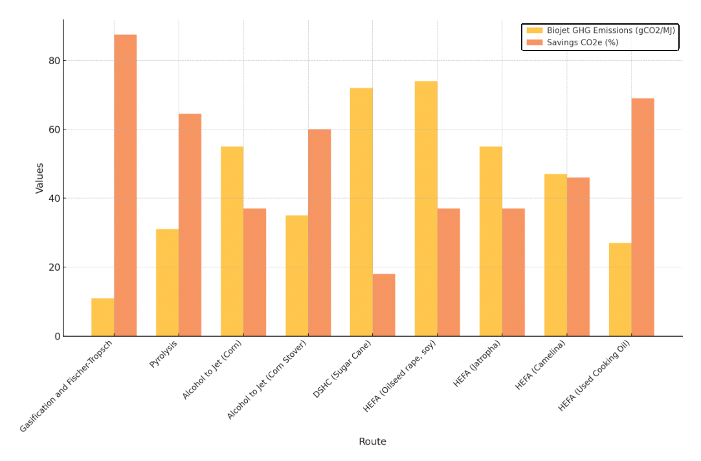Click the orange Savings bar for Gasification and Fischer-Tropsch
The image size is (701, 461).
[x=125, y=185]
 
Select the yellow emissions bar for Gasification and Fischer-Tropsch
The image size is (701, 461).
[x=102, y=317]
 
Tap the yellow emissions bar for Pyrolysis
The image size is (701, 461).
[x=167, y=282]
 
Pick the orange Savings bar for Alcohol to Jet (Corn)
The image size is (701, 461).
[x=254, y=272]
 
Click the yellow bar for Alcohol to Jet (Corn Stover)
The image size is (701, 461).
[x=296, y=275]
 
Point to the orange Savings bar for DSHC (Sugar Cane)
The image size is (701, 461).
[x=384, y=304]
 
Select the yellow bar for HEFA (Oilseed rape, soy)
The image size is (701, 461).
[x=426, y=208]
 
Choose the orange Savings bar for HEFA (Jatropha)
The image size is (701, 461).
[x=513, y=272]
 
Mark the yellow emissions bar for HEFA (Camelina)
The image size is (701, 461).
[x=555, y=254]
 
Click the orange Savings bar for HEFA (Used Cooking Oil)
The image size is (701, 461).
[x=643, y=217]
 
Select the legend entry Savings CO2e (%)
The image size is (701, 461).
[x=582, y=43]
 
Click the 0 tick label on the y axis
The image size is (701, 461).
[x=56, y=336]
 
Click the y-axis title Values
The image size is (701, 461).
[x=40, y=178]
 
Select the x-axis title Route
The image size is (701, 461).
[x=372, y=442]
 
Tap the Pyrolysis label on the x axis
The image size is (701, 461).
[x=164, y=354]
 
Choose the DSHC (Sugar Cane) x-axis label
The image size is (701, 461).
[x=342, y=369]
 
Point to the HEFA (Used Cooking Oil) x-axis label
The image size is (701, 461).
[x=594, y=376]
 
